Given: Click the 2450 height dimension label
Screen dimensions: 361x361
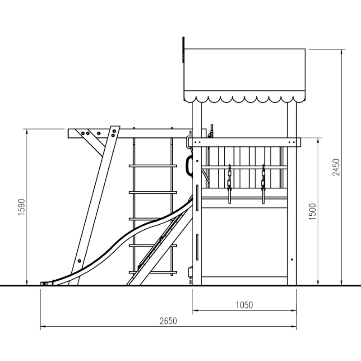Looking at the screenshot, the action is (x=336, y=167).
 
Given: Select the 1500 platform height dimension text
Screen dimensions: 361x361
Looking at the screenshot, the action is (x=312, y=212).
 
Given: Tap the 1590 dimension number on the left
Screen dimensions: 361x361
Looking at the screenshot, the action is (x=21, y=207).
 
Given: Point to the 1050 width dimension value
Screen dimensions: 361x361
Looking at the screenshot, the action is (x=244, y=305).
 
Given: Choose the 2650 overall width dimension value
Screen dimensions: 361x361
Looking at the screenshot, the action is (x=168, y=321).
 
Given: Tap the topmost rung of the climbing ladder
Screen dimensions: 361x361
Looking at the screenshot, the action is (x=153, y=166).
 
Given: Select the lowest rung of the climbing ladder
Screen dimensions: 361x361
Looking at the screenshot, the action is (x=153, y=273).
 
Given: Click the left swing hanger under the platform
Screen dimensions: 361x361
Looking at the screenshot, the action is (x=229, y=184).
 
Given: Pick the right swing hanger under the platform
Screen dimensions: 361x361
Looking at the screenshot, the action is (x=264, y=184).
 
